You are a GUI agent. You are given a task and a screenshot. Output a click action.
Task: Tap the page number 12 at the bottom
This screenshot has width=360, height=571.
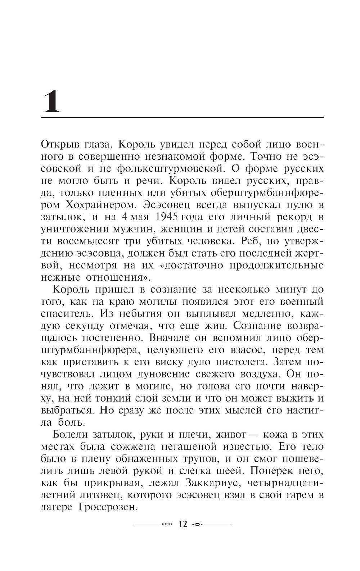tap(183, 524)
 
